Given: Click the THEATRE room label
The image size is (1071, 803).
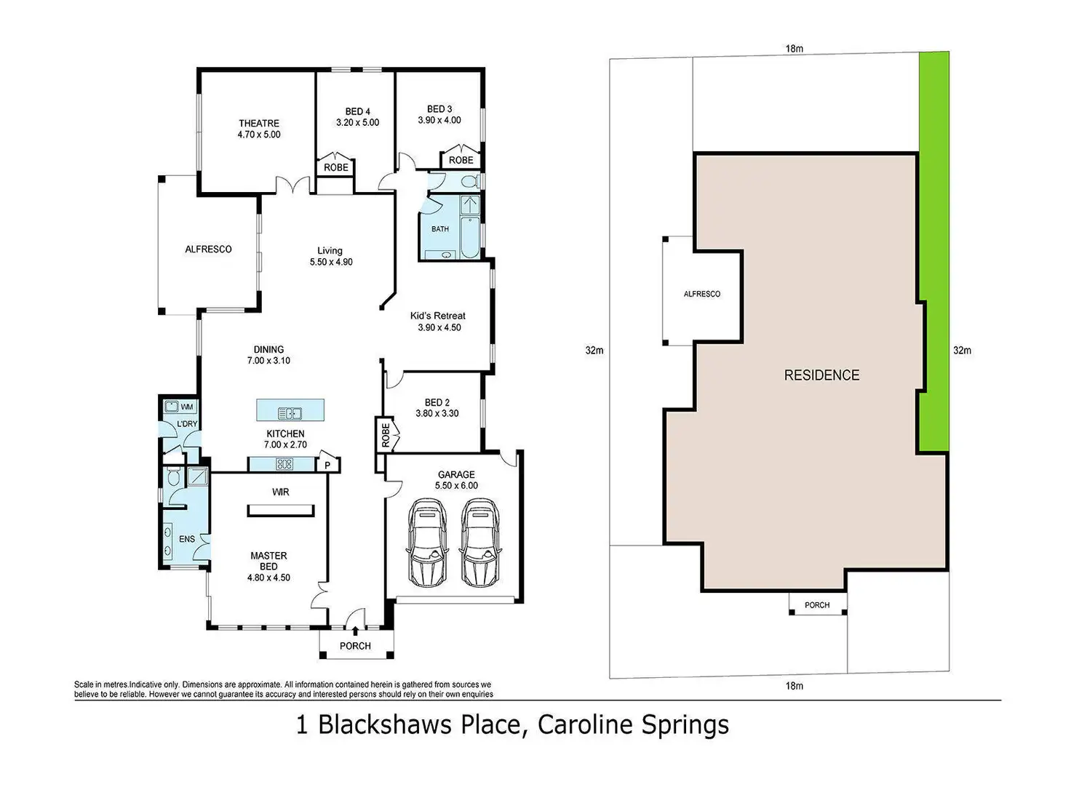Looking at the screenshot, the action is (259, 124).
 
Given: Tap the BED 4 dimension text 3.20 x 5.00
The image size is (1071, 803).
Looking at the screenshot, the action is (357, 123).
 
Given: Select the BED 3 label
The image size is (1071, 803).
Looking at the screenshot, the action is (439, 109).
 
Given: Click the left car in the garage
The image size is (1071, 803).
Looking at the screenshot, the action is (427, 543).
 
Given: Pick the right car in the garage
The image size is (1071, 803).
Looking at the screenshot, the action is (480, 543).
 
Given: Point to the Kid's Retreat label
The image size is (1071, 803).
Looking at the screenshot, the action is (438, 316).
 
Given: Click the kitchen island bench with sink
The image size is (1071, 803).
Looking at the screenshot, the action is (290, 410).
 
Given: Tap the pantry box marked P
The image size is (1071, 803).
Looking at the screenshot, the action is (327, 465).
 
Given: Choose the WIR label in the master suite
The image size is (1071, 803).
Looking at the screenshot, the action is (281, 492).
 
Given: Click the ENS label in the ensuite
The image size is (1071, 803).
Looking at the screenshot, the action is (187, 539).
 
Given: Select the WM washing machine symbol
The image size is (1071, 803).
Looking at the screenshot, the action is (186, 407).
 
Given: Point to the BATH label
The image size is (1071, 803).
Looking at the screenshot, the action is (440, 229).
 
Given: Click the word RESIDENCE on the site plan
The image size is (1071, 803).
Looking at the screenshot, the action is (821, 375).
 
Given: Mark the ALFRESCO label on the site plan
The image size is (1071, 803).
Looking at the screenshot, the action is (702, 294).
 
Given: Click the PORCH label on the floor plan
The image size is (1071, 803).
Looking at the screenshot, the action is (355, 646).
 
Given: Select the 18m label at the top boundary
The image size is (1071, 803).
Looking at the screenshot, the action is (794, 49).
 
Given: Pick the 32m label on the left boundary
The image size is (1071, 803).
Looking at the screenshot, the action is (594, 351).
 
